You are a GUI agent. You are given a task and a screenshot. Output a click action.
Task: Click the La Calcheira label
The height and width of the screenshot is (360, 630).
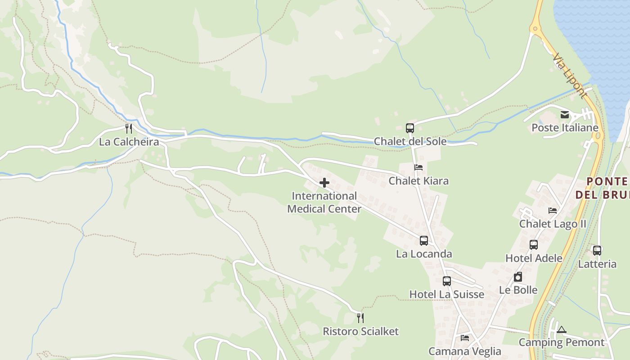coord(129,142)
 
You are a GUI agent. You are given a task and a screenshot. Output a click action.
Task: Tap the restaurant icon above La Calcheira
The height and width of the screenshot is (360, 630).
coord(129,129)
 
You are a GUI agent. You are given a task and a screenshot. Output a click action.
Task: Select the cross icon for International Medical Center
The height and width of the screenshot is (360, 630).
coord(324,183)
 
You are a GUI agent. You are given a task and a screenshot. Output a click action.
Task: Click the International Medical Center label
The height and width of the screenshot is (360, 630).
coord(324,202)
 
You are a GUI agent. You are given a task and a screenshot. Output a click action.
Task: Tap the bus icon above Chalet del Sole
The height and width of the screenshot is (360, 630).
coord(409,128)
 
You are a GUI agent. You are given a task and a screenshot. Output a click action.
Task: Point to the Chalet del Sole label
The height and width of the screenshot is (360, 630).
coord(410,142)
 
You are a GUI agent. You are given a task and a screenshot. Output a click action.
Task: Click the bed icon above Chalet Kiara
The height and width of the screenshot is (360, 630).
coord(418,167)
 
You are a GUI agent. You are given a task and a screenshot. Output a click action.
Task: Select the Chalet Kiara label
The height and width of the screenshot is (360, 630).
coord(418,181)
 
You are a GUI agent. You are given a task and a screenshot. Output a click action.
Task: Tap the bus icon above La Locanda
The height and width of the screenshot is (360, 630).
coord(423,241)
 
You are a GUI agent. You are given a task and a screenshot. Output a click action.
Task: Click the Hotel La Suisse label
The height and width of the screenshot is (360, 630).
coord(446,294)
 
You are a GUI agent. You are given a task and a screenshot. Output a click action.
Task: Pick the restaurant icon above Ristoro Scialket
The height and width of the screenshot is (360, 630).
coord(360,318)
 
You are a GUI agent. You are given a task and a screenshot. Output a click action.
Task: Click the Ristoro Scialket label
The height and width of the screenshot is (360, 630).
coord(360,332)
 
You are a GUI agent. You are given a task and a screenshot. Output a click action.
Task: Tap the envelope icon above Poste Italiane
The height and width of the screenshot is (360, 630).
coord(565,115)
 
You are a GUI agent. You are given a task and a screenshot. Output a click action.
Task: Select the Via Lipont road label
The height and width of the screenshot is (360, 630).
coord(570,76)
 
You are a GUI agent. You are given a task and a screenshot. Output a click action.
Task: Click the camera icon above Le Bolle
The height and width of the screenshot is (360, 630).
coord(518,277)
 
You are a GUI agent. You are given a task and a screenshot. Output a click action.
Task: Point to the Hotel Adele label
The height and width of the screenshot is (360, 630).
coord(534,258)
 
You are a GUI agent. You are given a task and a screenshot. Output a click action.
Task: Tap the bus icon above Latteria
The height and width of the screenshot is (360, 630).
coord(597,251)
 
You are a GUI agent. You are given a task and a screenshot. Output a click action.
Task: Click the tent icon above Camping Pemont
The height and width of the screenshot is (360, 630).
coord(561,329)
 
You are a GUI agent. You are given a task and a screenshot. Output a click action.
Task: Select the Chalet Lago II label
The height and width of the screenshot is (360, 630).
coord(553,224)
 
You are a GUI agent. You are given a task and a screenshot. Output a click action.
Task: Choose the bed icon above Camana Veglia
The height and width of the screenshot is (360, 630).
coord(465,337)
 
